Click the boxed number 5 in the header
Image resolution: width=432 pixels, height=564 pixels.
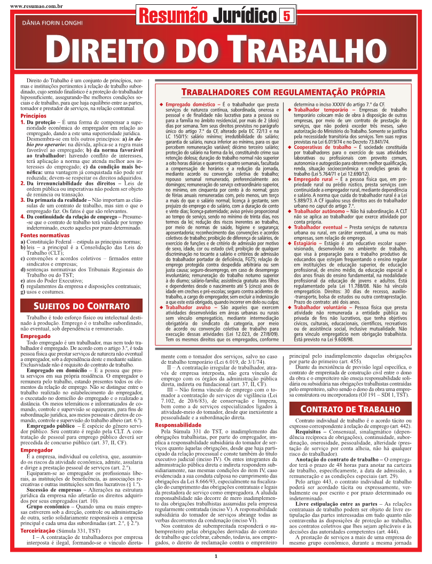tap(287, 17)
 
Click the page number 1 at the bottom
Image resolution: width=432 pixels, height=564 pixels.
tap(216, 557)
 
